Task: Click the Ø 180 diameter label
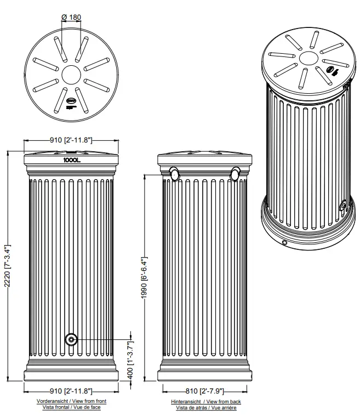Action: [x=71, y=17]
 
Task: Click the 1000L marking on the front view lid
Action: [x=72, y=161]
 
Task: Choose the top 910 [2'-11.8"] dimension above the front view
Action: [x=71, y=140]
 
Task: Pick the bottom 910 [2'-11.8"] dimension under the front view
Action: [x=71, y=391]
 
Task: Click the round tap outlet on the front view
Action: [x=71, y=340]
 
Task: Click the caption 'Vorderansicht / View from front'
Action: [x=71, y=402]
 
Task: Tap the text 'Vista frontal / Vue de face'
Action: [x=71, y=408]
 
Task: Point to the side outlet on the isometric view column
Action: [x=343, y=206]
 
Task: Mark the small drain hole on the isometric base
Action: [x=284, y=242]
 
